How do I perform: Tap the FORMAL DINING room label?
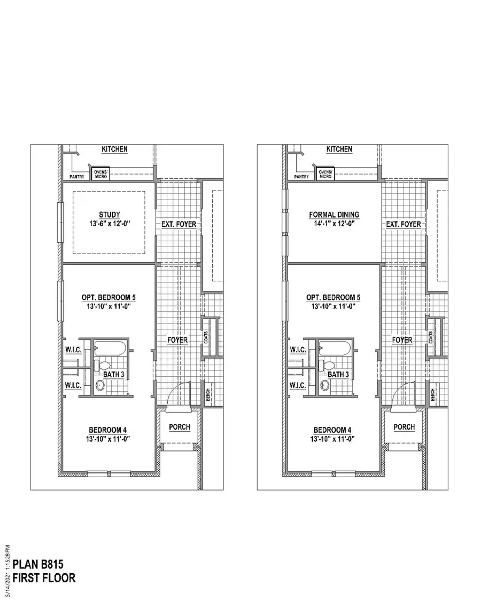pos(333,215)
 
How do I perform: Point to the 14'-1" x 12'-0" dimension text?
pos(333,224)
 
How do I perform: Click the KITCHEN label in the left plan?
pos(114,149)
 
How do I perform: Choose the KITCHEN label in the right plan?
pos(339,149)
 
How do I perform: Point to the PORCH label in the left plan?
pos(180,427)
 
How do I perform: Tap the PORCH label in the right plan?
pos(404,427)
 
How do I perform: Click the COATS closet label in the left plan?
pos(206,337)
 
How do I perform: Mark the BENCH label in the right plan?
pos(432,394)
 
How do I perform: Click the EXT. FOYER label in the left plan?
pos(179,224)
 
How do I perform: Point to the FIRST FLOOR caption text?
pos(44,578)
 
